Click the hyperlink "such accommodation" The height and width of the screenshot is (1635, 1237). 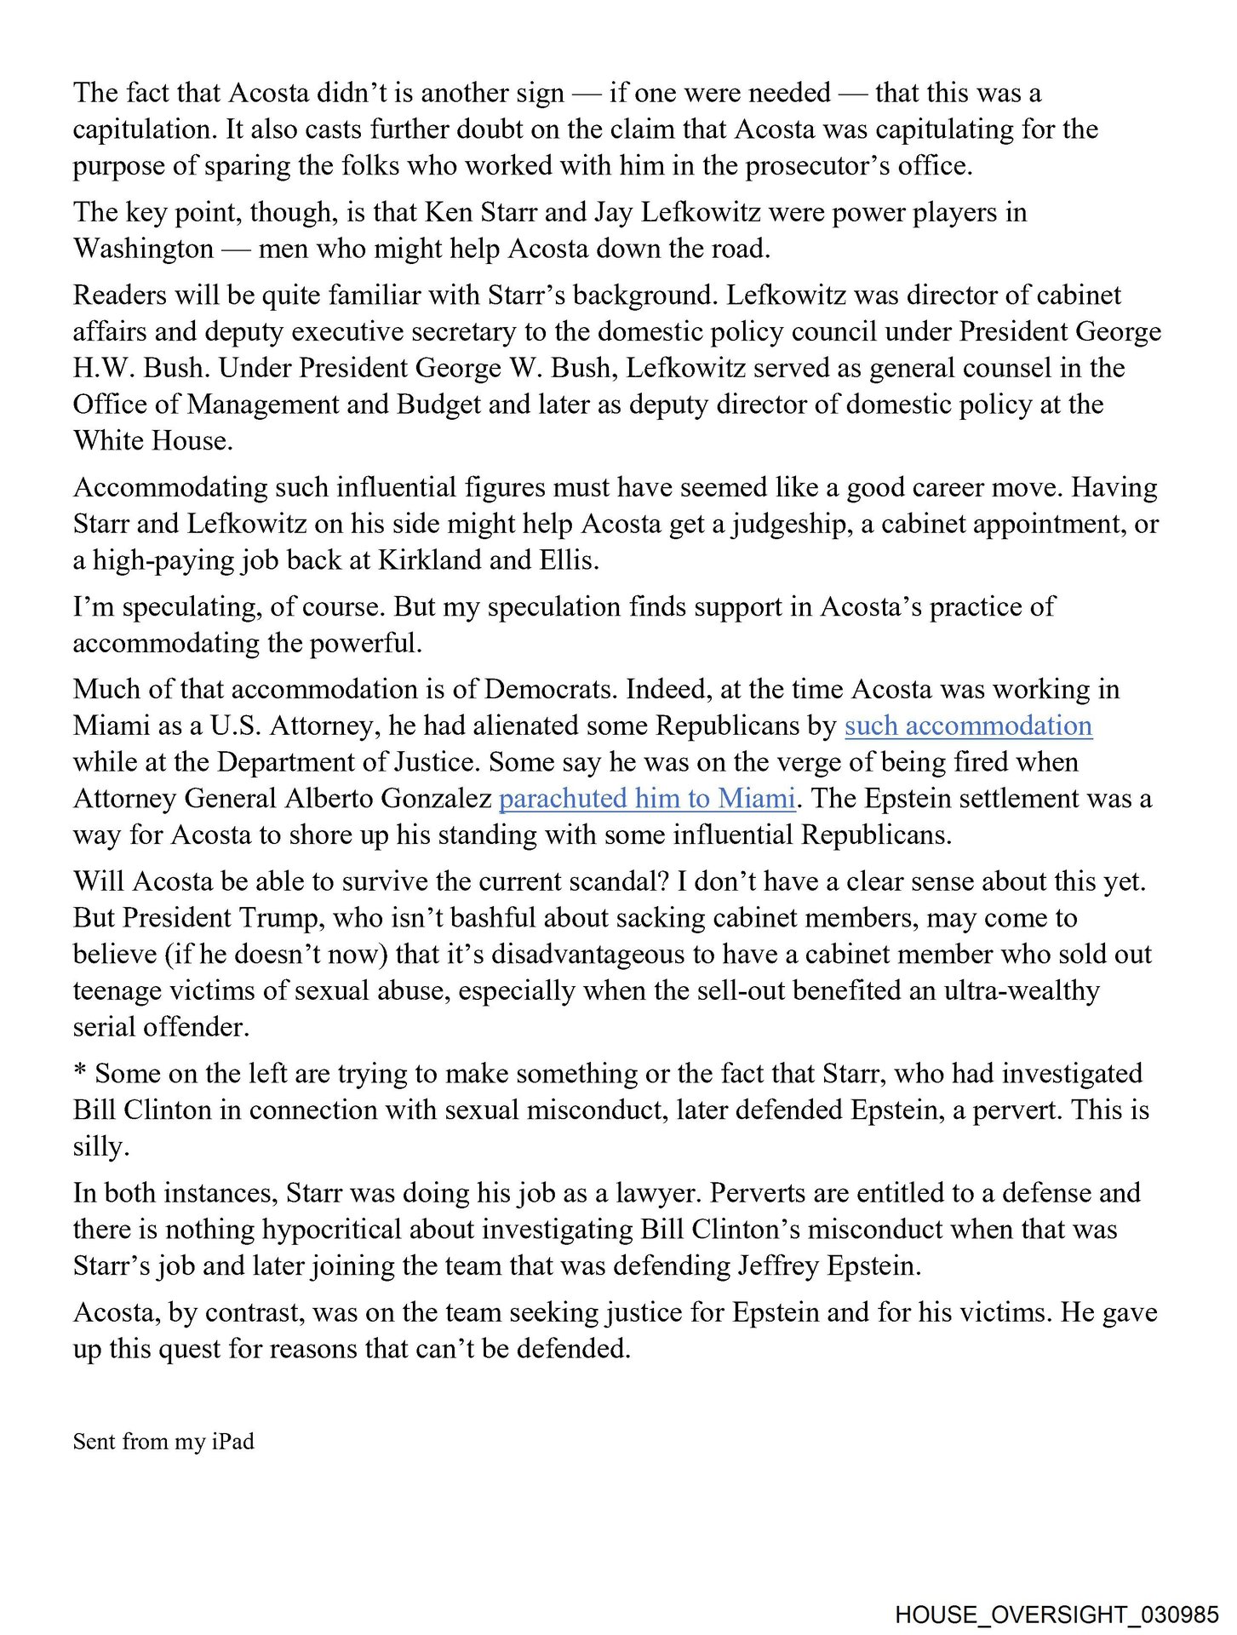[968, 726]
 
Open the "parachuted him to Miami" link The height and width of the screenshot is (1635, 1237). [647, 799]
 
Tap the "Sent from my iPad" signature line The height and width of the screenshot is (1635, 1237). [163, 1442]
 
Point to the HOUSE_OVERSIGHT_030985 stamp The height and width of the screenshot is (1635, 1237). [1057, 1615]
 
